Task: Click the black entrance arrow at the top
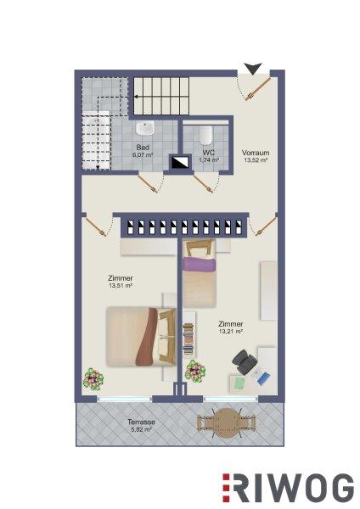point(253,69)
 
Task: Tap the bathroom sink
point(145,128)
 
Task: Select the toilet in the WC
point(205,135)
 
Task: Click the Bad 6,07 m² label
point(143,151)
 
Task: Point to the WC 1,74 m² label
point(208,156)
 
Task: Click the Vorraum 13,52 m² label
point(256,156)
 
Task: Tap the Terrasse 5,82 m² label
point(141,426)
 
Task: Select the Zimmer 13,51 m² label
point(121,282)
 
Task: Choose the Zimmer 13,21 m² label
point(231,327)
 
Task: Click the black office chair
point(244,361)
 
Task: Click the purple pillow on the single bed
point(200,265)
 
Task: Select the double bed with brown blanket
point(141,336)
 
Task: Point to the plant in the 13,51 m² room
point(93,379)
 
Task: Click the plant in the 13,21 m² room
point(195,371)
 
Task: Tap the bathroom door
point(148,183)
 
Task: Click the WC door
point(204,183)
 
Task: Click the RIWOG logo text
point(288,488)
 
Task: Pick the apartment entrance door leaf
point(259,88)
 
